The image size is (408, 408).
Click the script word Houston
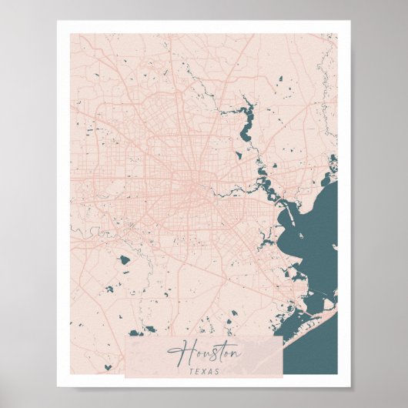coord(205,354)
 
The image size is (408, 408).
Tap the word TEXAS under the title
coord(204,370)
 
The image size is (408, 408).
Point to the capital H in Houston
coord(178,353)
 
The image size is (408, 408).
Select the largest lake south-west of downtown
coord(125,260)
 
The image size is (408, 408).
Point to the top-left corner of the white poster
coord(58,22)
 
